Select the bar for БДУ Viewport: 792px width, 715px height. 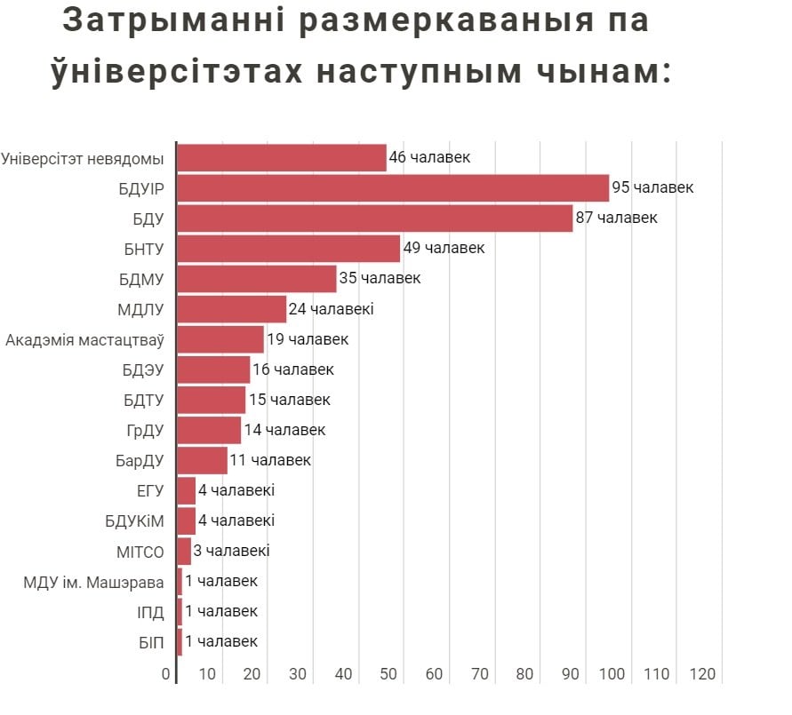point(374,218)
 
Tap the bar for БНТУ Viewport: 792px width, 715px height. point(289,249)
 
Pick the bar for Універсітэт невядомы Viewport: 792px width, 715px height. point(282,158)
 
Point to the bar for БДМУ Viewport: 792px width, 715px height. point(257,279)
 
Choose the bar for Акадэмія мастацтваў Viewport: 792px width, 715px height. point(220,339)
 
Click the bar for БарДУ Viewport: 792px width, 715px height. point(203,460)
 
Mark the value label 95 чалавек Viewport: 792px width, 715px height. point(652,188)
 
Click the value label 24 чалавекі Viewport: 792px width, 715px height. point(332,309)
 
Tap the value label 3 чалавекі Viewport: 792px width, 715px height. point(231,551)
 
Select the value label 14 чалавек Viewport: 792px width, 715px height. point(284,430)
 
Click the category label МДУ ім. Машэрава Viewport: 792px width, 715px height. point(94,582)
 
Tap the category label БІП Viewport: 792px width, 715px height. point(151,642)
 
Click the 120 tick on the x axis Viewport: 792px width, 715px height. point(702,675)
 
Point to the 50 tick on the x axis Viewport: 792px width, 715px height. point(388,675)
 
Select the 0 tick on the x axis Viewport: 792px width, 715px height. point(166,675)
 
